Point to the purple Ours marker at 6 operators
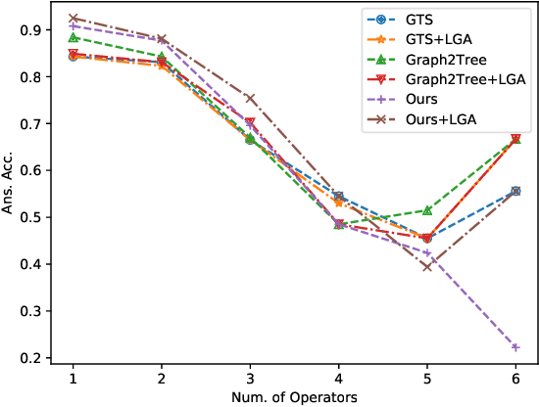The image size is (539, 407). click(516, 347)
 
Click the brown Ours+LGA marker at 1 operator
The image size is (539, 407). click(73, 19)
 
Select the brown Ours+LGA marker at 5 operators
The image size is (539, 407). click(427, 267)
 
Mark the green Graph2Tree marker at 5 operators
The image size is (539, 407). click(427, 210)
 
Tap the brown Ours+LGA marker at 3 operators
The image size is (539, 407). click(250, 99)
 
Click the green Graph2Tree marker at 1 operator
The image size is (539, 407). click(73, 38)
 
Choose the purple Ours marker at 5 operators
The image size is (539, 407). click(427, 252)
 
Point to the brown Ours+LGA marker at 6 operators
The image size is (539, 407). click(516, 192)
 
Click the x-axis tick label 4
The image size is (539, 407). click(338, 378)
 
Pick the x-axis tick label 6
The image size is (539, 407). click(516, 378)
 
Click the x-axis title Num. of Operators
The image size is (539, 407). click(294, 396)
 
